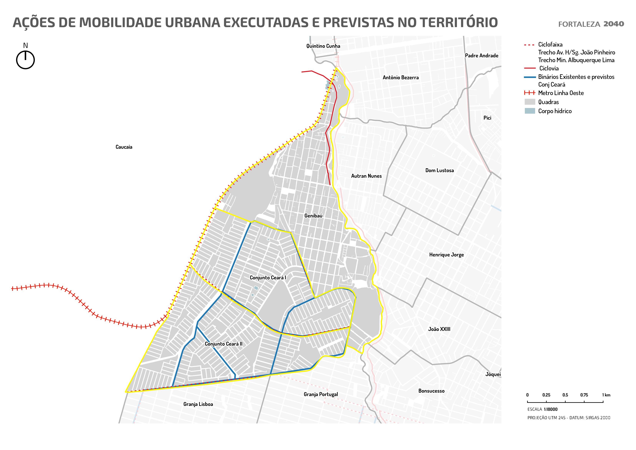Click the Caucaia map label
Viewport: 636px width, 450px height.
[x=124, y=147]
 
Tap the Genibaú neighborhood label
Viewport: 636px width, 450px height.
[x=313, y=216]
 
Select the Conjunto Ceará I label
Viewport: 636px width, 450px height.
[x=268, y=278]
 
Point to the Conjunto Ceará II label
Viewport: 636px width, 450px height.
[x=223, y=344]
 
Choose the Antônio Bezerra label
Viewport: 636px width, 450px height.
[x=401, y=78]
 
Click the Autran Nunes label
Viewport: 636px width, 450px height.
[x=366, y=176]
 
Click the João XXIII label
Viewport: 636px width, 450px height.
[x=439, y=329]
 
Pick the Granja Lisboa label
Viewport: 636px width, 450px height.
[x=198, y=404]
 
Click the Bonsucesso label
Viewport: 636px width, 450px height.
[x=431, y=391]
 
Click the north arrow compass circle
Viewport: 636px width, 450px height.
[x=26, y=60]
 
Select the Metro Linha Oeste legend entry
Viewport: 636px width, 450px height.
[x=561, y=93]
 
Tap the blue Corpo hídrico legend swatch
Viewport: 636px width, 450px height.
[x=530, y=111]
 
